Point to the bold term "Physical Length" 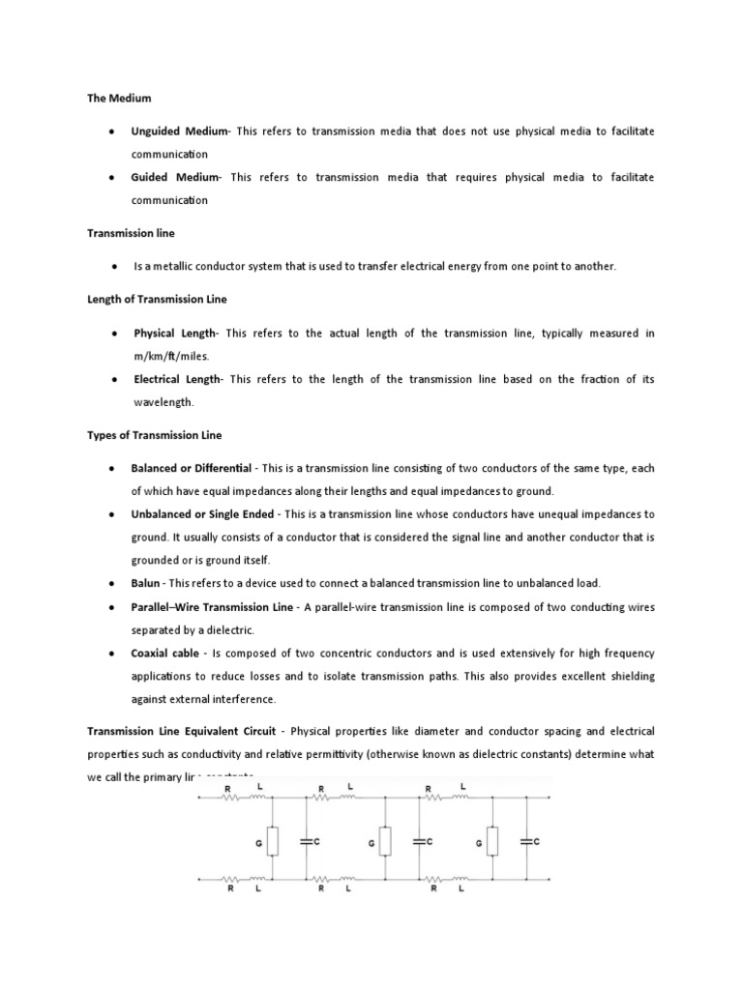pos(175,333)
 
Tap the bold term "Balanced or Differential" pos(191,468)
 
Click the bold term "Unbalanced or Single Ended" pos(203,514)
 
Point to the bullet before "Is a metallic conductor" pos(114,266)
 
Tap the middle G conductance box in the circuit pos(385,842)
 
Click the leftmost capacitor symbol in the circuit pos(306,842)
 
